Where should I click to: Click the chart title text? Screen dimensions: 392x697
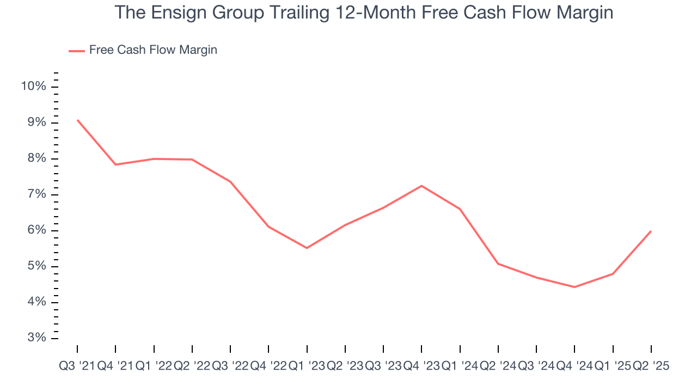[364, 13]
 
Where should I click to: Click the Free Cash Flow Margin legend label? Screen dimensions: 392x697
[153, 50]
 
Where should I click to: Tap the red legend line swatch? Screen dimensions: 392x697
[76, 51]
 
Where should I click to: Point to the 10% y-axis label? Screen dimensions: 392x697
[33, 87]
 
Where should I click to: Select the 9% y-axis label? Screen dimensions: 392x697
[36, 122]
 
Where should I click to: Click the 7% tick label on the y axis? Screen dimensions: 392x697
[36, 194]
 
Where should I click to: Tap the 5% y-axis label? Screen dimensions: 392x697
[36, 266]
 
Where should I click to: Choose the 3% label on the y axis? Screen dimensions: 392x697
[36, 338]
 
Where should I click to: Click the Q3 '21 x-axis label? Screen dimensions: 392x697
[77, 366]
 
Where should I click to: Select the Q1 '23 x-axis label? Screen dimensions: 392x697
[307, 366]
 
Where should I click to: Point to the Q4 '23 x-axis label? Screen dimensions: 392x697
[421, 366]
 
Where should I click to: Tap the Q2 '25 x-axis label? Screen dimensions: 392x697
[651, 366]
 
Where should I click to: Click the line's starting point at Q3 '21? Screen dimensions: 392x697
[77, 120]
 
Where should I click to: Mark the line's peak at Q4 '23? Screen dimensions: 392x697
[421, 186]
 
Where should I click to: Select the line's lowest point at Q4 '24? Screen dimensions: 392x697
[574, 287]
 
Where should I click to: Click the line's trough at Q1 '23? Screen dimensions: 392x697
[307, 248]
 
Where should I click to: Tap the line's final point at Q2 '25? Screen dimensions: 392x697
[651, 231]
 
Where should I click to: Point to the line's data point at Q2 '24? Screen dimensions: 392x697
[498, 264]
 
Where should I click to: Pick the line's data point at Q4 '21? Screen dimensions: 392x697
[115, 164]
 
